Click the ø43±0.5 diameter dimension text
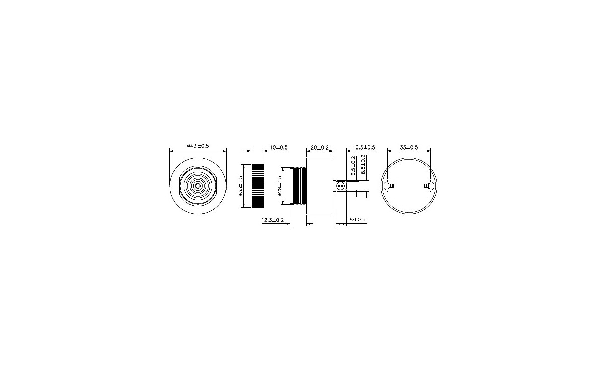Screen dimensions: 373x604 pyautogui.click(x=198, y=146)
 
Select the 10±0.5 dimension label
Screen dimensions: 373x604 pyautogui.click(x=278, y=147)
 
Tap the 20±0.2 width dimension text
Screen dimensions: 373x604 pyautogui.click(x=320, y=147)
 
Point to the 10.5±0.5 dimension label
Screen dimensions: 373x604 pyautogui.click(x=364, y=147)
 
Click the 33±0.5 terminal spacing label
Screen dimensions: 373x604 pyautogui.click(x=409, y=147)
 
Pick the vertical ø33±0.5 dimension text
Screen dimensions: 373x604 pyautogui.click(x=241, y=185)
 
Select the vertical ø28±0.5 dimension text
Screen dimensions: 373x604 pyautogui.click(x=280, y=186)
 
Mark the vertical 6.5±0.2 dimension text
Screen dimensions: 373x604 pyautogui.click(x=354, y=165)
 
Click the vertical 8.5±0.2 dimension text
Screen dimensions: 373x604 pyautogui.click(x=364, y=165)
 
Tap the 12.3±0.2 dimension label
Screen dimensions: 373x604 pyautogui.click(x=273, y=220)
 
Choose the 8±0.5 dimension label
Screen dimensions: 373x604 pyautogui.click(x=358, y=220)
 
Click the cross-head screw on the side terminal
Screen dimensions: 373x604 pyautogui.click(x=342, y=186)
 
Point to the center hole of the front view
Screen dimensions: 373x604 pyautogui.click(x=198, y=186)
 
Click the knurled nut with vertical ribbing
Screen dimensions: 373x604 pyautogui.click(x=258, y=186)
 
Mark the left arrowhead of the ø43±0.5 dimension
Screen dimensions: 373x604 pyautogui.click(x=172, y=150)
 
